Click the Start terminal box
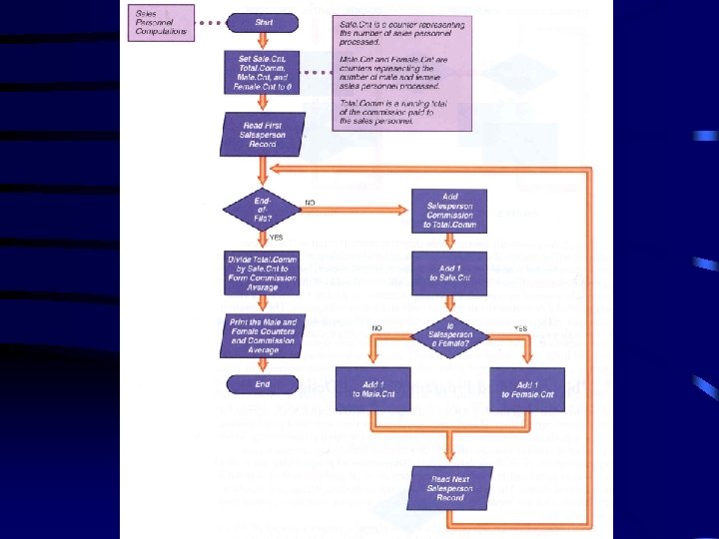click(x=264, y=21)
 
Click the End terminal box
click(x=263, y=383)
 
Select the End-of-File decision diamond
click(x=263, y=208)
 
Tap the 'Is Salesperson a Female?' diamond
click(x=448, y=337)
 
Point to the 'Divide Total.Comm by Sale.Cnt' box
click(x=263, y=272)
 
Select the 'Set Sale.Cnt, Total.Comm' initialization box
click(x=262, y=73)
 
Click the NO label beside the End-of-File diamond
click(x=312, y=203)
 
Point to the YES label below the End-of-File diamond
click(x=277, y=238)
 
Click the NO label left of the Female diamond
click(x=377, y=327)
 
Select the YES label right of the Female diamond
click(x=520, y=327)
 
